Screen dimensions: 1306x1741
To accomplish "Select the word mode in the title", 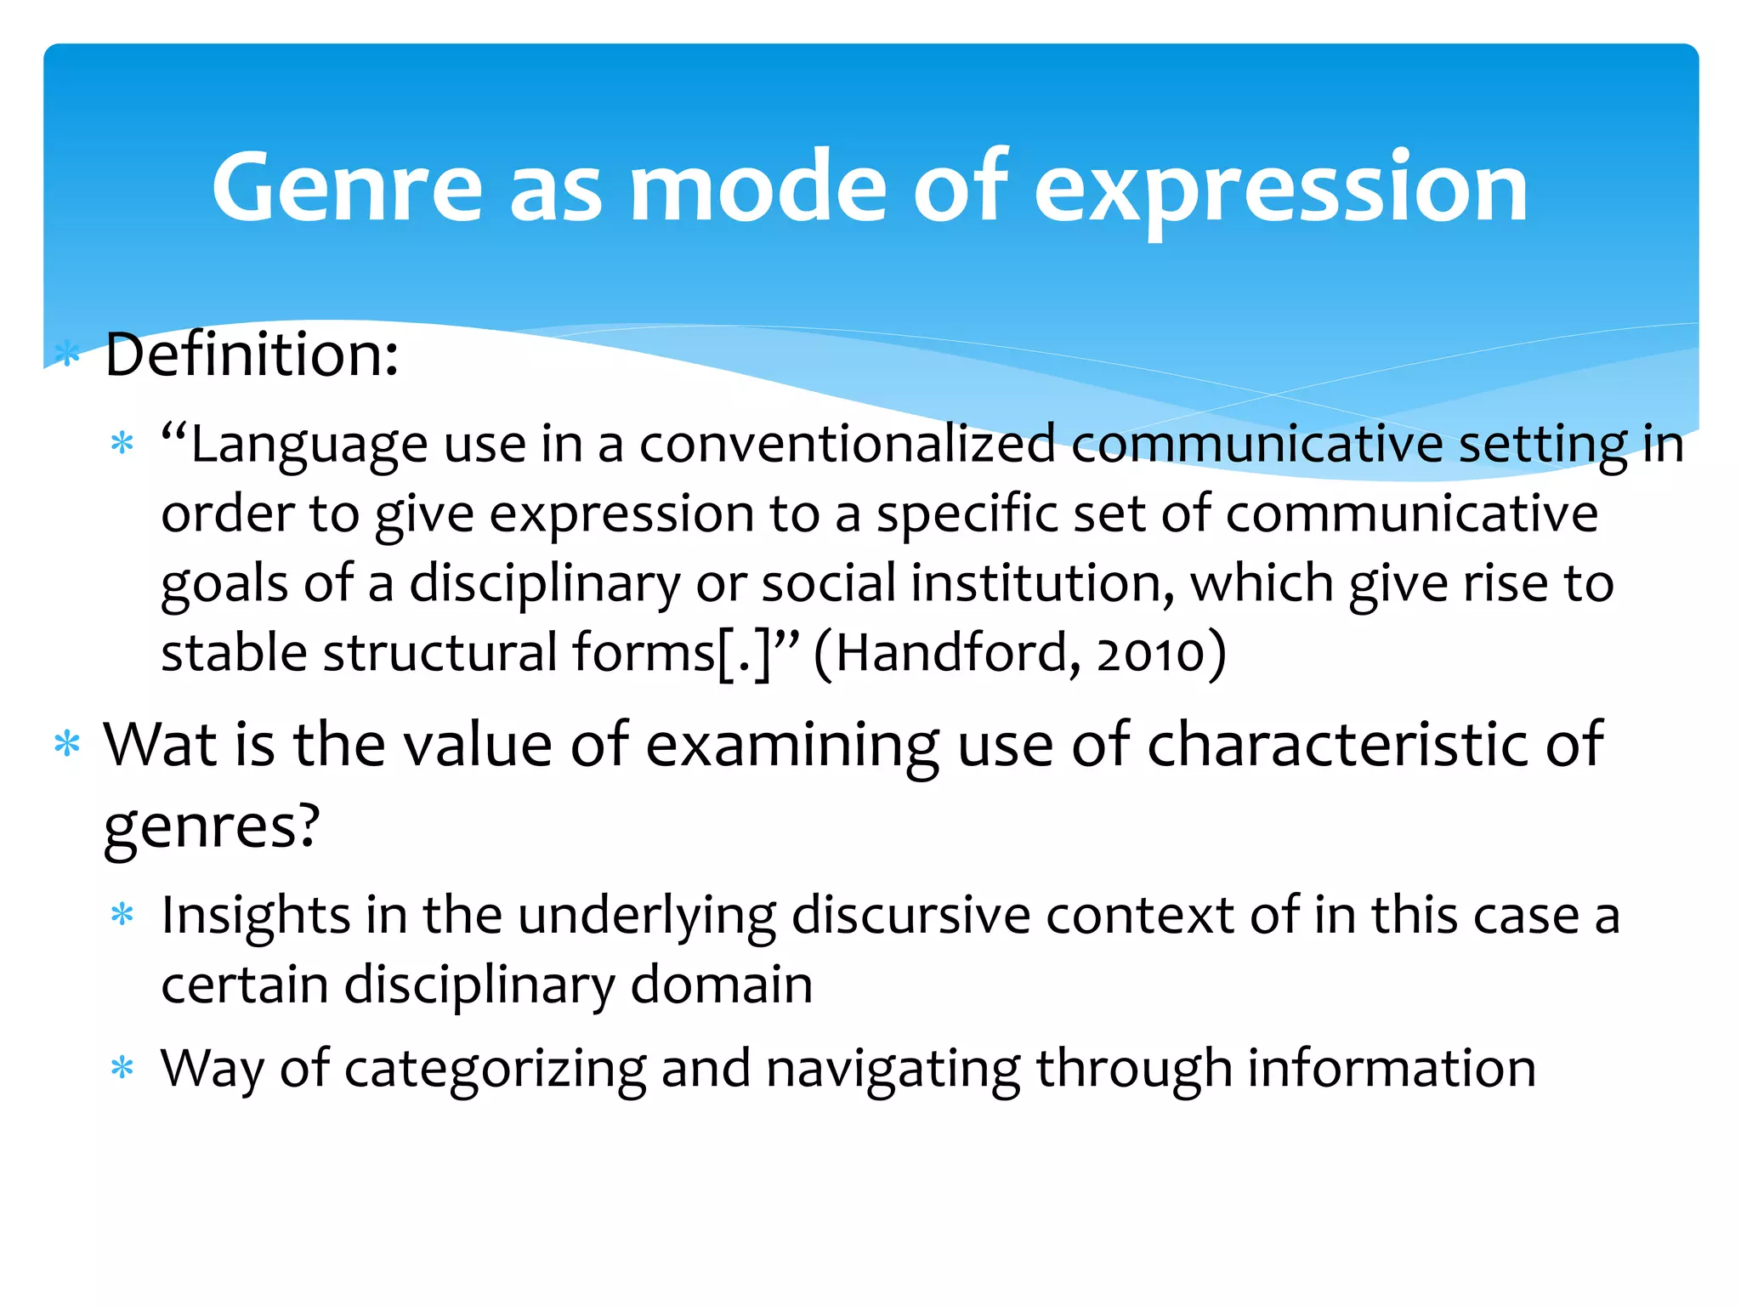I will point(757,187).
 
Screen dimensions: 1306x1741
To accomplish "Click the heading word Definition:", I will point(252,355).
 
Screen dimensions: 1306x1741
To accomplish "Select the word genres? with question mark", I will point(212,826).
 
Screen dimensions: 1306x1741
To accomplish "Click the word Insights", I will point(256,917).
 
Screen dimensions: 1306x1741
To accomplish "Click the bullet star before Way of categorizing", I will point(122,1067).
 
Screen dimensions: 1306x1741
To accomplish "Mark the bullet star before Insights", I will point(122,915).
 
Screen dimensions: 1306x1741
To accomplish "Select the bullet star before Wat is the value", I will point(66,744).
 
